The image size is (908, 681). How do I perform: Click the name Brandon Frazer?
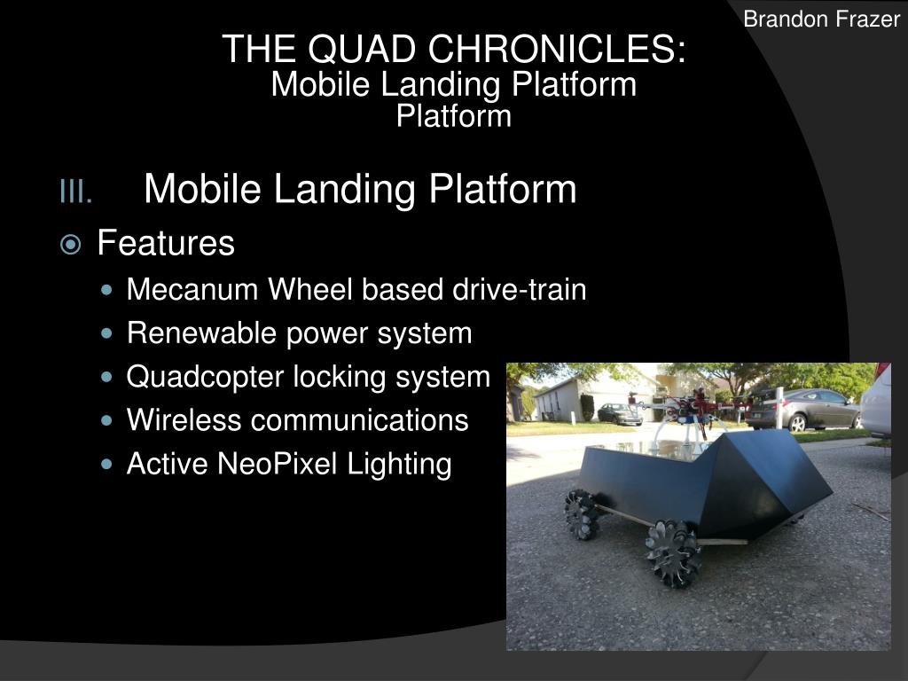[821, 19]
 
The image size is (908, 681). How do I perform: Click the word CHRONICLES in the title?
[556, 50]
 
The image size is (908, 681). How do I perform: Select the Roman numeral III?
[75, 192]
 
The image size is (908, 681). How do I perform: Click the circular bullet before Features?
[72, 244]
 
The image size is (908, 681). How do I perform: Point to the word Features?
[166, 243]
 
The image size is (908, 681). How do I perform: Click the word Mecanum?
[193, 290]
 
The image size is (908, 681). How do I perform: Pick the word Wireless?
[184, 420]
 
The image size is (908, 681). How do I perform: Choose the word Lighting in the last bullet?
[404, 464]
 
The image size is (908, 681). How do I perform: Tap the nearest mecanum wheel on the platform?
[673, 552]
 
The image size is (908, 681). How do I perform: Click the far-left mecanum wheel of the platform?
[582, 513]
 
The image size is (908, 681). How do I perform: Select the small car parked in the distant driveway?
[619, 413]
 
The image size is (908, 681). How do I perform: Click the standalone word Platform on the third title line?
[454, 116]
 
